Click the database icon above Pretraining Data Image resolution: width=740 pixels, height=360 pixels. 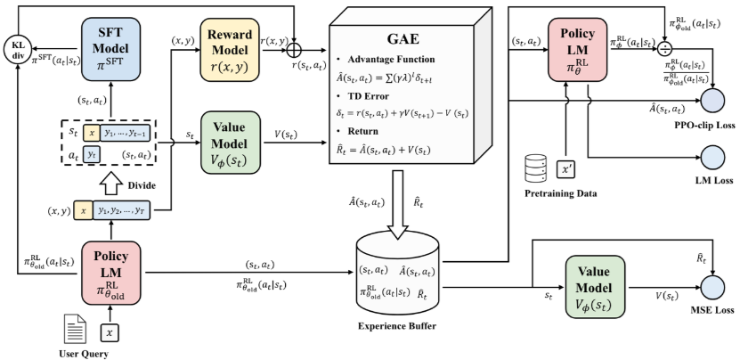click(535, 167)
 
